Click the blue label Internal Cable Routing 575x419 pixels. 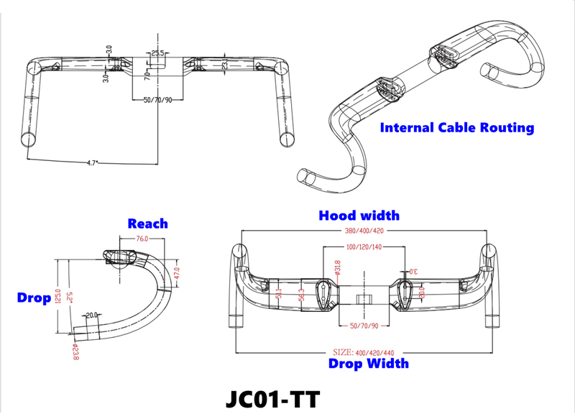[457, 128]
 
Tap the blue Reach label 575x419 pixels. [147, 224]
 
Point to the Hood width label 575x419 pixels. [359, 215]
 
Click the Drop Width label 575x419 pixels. [368, 363]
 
